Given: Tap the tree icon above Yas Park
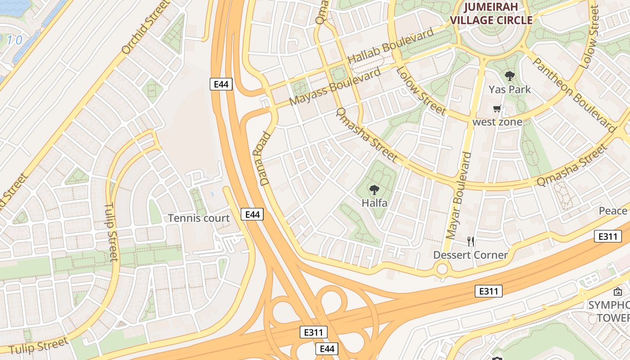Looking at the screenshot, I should pos(509,76).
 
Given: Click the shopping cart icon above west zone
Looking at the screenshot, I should pos(497,108).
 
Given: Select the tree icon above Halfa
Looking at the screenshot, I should pos(374,190).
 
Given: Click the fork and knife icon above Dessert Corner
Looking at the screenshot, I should pos(470,241).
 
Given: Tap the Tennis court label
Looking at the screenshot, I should pos(199,218).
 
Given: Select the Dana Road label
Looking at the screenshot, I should pos(265,159).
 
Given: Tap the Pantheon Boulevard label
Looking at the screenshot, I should pos(573,94).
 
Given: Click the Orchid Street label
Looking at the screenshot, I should pos(145,28).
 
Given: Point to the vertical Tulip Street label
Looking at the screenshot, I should pos(111,232).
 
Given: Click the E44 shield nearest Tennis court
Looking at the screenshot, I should pos(252,215).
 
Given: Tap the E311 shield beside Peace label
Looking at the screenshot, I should pos(607,236).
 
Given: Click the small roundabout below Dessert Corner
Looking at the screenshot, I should pos(442,270).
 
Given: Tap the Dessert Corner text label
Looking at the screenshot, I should pos(470,255).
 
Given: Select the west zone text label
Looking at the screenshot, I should pos(497,122).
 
